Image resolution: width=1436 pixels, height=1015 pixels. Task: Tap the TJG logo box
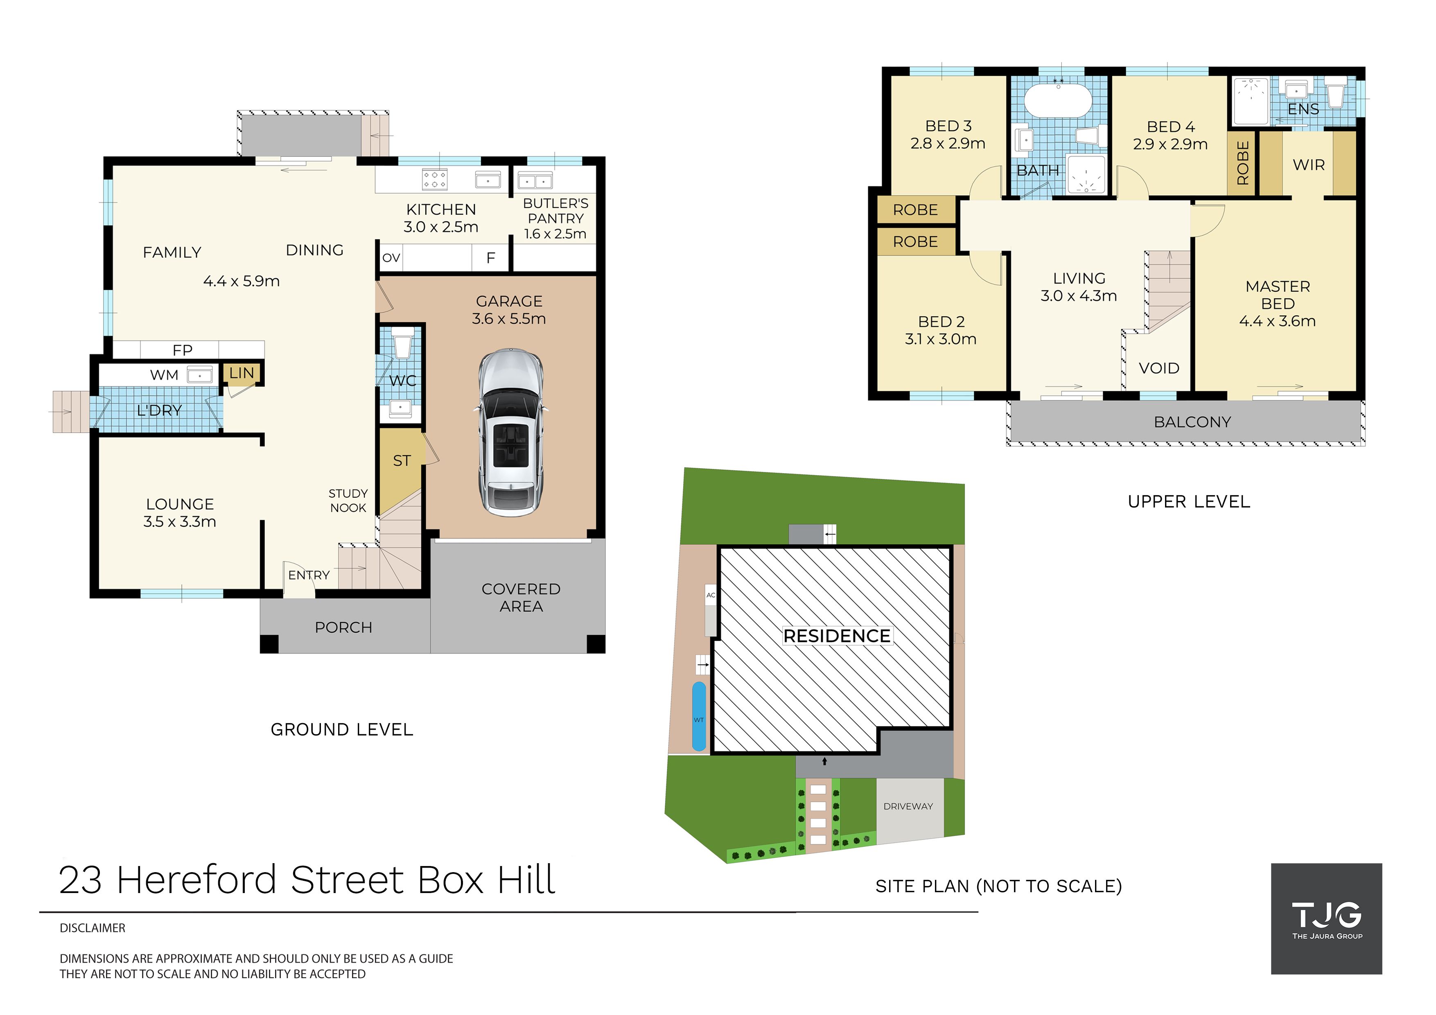click(x=1327, y=919)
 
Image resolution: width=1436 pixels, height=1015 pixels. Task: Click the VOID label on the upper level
click(x=1159, y=368)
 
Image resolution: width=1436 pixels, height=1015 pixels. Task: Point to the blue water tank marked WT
click(x=699, y=716)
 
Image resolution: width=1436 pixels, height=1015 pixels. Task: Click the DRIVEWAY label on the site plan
click(x=908, y=807)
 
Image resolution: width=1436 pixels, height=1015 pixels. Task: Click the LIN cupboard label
click(x=242, y=373)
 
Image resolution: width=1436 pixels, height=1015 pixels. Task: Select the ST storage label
click(x=402, y=461)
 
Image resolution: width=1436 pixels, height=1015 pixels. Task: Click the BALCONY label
click(x=1192, y=422)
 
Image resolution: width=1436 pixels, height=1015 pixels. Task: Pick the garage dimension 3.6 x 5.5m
click(x=509, y=319)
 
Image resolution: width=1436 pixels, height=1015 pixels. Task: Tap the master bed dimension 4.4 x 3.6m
click(x=1277, y=321)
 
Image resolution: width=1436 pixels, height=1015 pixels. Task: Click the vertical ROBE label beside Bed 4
click(x=1243, y=163)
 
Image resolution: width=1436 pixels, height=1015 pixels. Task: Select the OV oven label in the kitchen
click(x=391, y=258)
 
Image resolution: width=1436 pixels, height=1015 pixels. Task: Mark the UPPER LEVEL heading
click(x=1189, y=501)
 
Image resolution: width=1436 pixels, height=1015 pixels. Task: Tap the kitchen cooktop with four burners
click(x=435, y=180)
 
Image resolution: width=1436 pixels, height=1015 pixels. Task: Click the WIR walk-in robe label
click(x=1308, y=165)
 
